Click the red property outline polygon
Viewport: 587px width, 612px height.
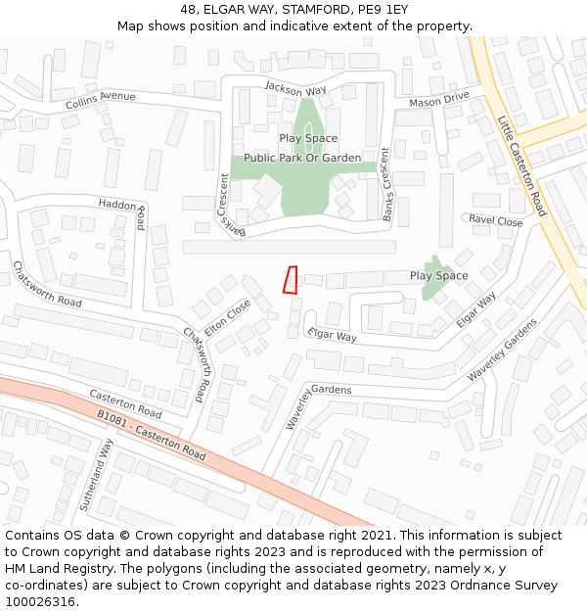290,280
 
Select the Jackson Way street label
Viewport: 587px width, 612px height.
295,90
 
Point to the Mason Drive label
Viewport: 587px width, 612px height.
439,100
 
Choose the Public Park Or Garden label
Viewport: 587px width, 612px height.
302,158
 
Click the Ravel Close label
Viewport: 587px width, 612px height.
496,220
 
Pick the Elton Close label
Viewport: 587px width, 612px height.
226,316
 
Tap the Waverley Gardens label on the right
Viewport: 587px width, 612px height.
502,350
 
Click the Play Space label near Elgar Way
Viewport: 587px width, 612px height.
438,276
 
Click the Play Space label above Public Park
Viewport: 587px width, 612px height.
308,139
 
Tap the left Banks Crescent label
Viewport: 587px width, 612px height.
228,204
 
